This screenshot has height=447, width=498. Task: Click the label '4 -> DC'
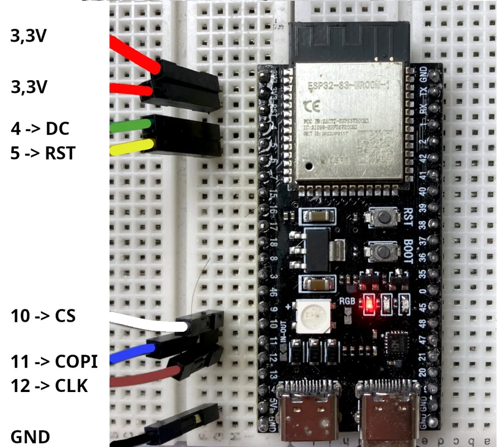[x=40, y=129]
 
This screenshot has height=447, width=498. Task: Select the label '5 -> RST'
[x=43, y=153]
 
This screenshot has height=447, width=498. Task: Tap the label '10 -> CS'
[x=43, y=316]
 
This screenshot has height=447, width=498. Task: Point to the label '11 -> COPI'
[x=54, y=362]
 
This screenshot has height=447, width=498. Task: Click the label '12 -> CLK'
[x=49, y=386]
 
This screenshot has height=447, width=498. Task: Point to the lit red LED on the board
[x=369, y=304]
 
